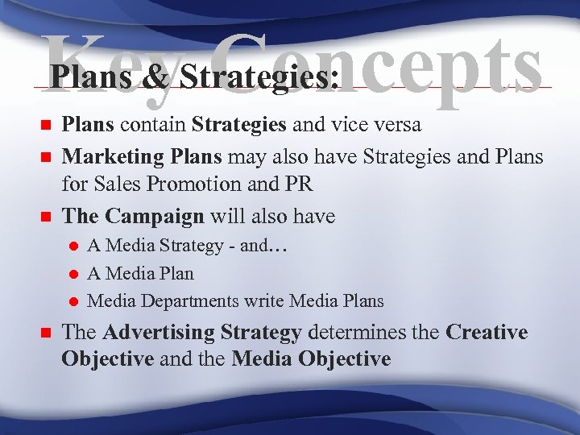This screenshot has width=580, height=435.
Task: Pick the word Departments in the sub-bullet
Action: point(189,301)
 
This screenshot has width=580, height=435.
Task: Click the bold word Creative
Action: point(487,333)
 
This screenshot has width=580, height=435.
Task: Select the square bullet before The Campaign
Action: point(45,216)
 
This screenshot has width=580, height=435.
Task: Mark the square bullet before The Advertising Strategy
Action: point(45,333)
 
